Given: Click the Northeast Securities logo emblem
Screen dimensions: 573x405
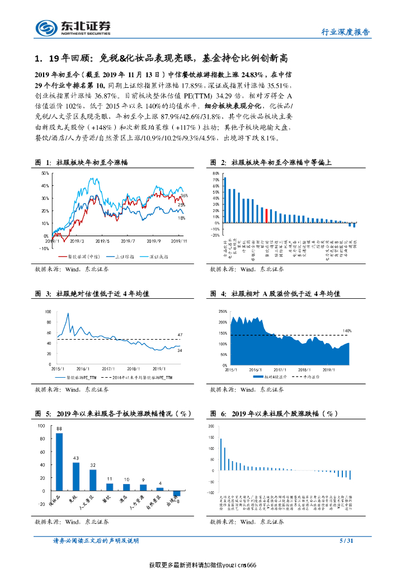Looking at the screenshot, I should (x=46, y=27).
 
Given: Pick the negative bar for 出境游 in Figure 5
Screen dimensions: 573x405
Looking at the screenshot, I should (x=176, y=492).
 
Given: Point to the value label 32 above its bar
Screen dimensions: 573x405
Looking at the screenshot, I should (x=93, y=466).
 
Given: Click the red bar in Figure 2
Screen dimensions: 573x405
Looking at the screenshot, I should (x=267, y=216).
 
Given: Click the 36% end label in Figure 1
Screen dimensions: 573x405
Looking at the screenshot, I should (x=183, y=195).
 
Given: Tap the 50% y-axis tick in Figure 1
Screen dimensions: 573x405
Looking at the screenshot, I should (x=45, y=173).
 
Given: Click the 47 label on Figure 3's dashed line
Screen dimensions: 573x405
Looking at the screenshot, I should (x=180, y=335).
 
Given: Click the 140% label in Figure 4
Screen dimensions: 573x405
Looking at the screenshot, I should (x=347, y=331).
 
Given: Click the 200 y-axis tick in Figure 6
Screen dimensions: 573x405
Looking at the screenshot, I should (x=211, y=426).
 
